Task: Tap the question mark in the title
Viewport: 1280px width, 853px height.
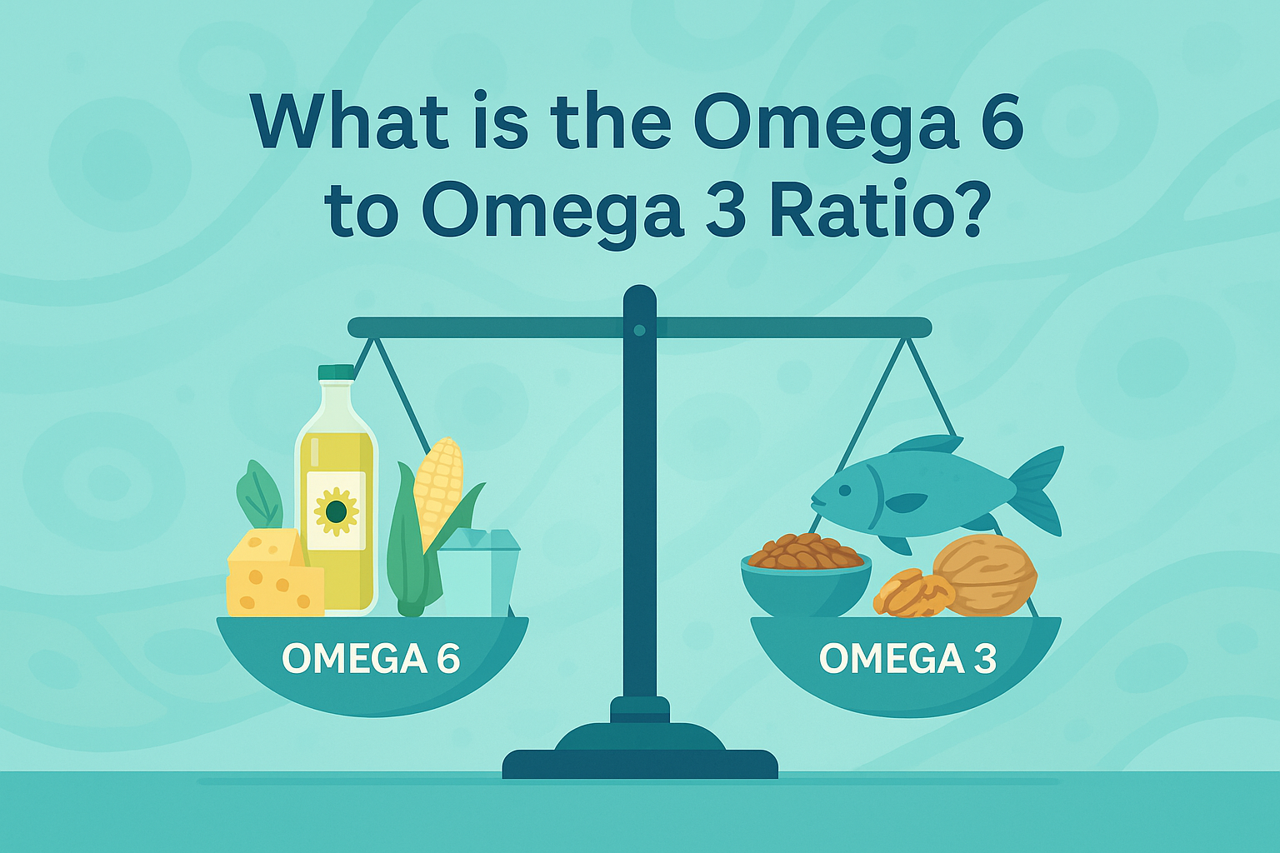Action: click(x=967, y=208)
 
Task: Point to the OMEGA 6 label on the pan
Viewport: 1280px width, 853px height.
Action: click(x=371, y=658)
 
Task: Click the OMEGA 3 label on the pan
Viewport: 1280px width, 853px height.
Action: click(x=908, y=658)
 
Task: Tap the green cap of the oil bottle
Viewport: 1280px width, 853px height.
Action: click(x=336, y=372)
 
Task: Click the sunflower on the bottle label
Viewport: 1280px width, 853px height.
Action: click(x=336, y=511)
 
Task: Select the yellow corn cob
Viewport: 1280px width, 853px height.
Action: click(x=438, y=488)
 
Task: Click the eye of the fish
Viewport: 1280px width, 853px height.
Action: click(x=844, y=490)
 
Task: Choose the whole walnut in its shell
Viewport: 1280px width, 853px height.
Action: click(x=985, y=574)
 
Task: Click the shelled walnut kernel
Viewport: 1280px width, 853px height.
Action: click(x=913, y=594)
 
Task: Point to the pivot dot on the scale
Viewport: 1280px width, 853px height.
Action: click(x=640, y=330)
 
